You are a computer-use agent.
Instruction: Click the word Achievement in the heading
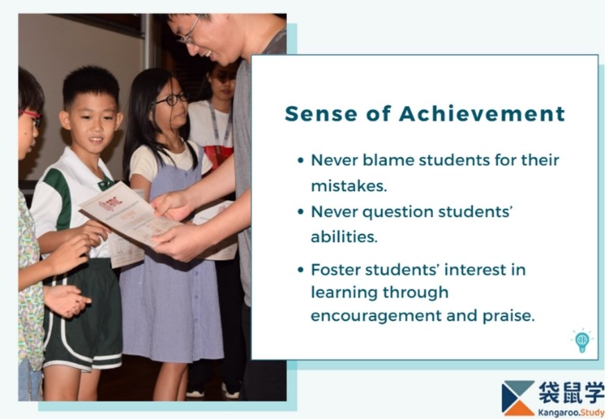pos(482,114)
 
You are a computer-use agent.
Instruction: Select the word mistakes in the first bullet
pos(349,186)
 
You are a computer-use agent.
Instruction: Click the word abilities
pos(344,237)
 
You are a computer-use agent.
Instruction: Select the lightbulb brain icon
pos(582,341)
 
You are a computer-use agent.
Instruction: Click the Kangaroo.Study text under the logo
pos(571,413)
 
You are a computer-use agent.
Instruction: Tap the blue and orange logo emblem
pos(518,398)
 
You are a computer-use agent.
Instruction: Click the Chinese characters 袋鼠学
pos(571,393)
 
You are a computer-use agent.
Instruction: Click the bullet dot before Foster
pos(301,270)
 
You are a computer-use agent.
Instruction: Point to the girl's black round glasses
pos(172,99)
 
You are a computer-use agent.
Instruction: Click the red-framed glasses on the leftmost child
pos(32,117)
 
